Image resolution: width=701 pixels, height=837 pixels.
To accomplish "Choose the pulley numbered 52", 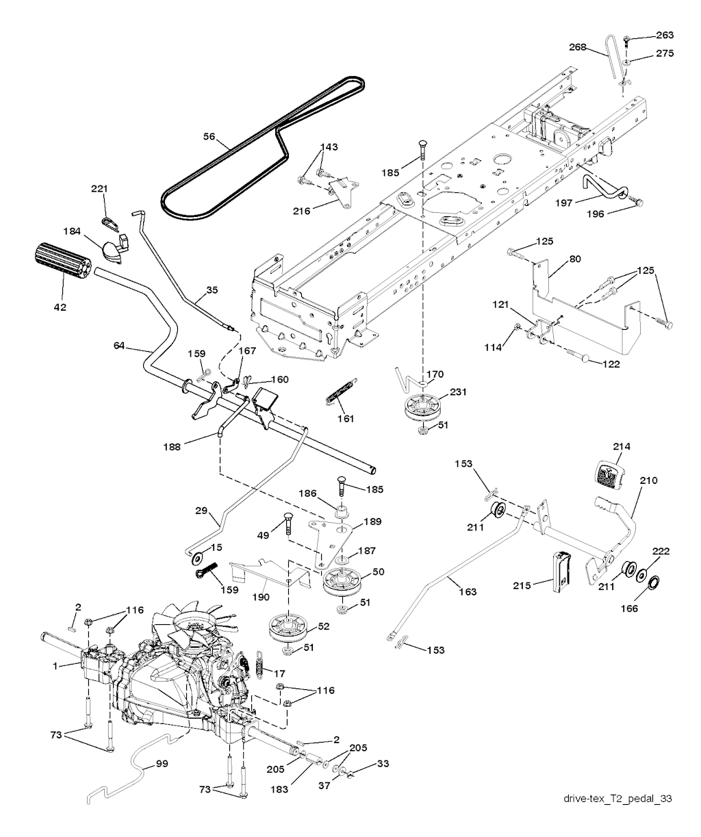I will point(288,626).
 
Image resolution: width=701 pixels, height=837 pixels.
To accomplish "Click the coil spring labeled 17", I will point(260,663).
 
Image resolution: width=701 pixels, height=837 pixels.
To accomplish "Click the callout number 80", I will point(574,259).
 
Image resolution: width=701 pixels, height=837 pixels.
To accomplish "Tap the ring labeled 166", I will point(652,584).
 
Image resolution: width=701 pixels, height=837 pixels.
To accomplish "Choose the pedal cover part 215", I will point(561,569).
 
